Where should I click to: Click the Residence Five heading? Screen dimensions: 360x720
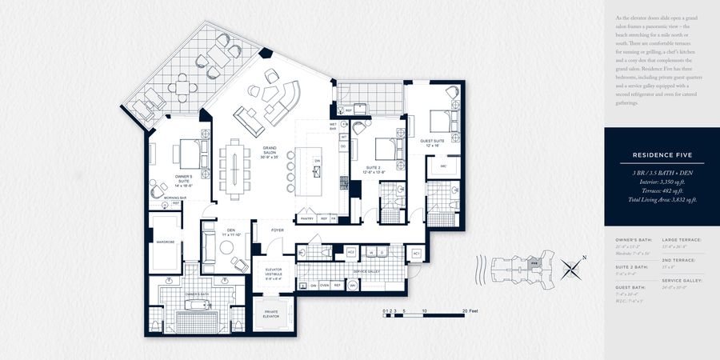[x=661, y=154]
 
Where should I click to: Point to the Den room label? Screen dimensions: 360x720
[x=231, y=232]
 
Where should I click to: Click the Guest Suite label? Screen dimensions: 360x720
[x=433, y=142]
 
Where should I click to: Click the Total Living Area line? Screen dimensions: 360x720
[x=661, y=198]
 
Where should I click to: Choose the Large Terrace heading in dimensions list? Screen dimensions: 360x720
[x=678, y=239]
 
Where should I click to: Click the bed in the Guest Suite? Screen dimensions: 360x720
[x=439, y=120]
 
